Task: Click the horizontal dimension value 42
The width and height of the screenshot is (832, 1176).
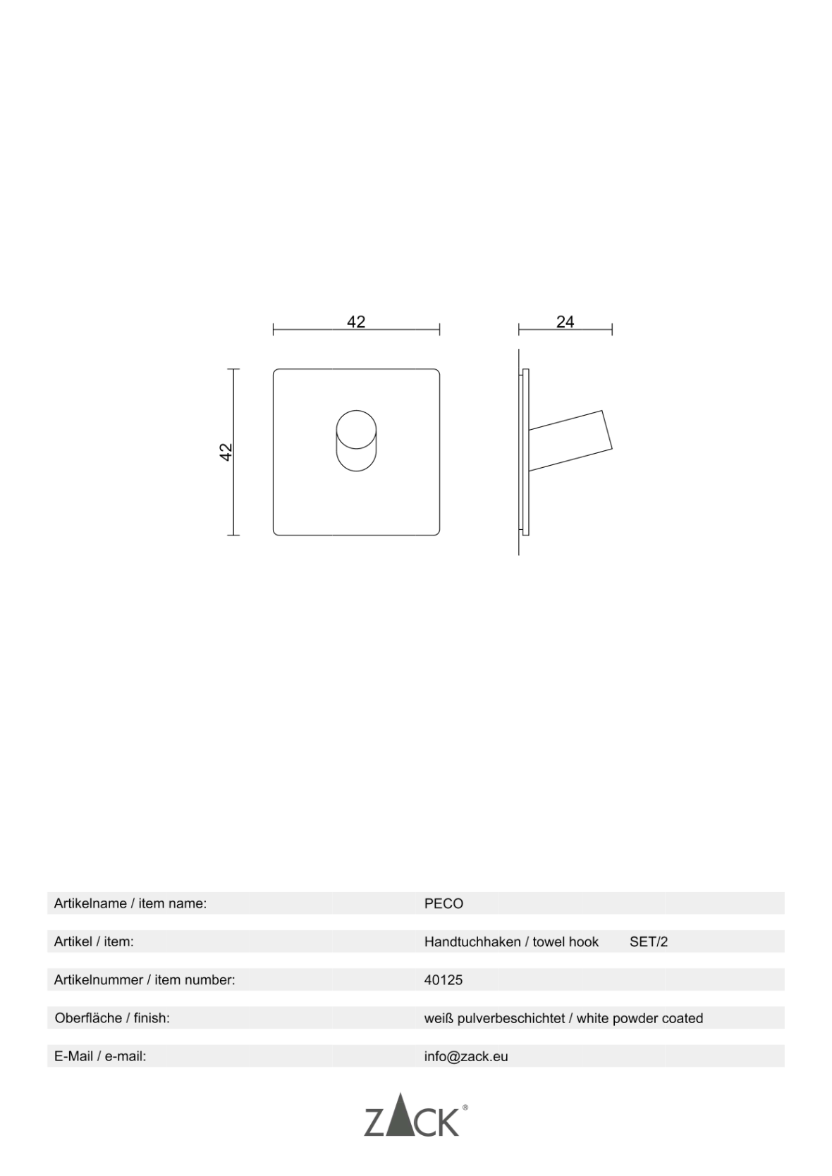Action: (x=356, y=321)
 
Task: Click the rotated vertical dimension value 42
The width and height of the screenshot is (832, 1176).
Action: (x=226, y=452)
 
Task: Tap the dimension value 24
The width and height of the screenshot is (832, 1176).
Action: (x=565, y=321)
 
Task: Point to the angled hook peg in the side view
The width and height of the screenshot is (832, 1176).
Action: (x=570, y=440)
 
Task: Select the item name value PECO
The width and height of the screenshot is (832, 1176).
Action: (x=443, y=903)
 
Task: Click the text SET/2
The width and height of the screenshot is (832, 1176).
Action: (x=649, y=942)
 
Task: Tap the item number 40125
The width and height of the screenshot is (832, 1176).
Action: (x=443, y=980)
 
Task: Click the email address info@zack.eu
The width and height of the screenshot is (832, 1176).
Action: (x=467, y=1056)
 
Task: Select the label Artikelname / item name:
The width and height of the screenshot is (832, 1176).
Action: (x=130, y=903)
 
